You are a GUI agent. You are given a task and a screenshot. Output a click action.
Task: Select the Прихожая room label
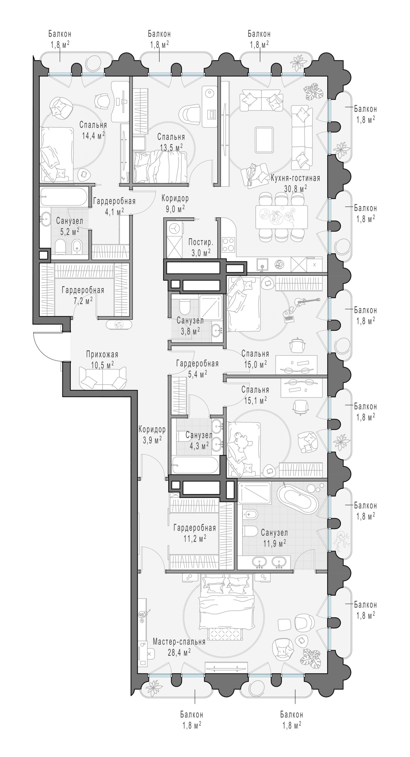102,354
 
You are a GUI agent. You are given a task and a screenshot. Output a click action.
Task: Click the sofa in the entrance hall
103,378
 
